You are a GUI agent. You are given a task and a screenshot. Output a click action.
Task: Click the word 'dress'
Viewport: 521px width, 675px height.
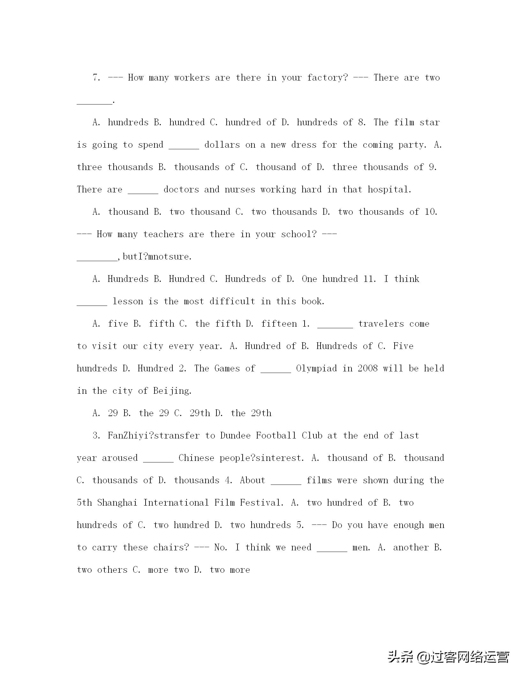[x=304, y=145]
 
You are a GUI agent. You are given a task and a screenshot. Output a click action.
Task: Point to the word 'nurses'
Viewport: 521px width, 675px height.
[x=240, y=190]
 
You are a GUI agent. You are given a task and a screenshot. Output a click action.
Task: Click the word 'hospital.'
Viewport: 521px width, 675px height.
[x=389, y=190]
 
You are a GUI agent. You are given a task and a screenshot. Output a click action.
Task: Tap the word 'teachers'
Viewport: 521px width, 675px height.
[x=163, y=234]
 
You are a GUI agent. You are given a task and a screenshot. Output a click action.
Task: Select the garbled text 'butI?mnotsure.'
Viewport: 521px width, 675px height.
[x=157, y=257]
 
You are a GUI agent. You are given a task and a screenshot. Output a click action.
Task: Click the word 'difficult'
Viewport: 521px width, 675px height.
[x=232, y=301]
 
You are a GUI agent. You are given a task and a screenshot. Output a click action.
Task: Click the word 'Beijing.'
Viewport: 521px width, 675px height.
[x=172, y=391]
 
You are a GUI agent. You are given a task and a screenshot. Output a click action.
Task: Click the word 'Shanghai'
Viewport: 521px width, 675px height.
[x=117, y=503]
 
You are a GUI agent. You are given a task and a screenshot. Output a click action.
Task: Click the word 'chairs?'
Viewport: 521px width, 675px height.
[x=171, y=547]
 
